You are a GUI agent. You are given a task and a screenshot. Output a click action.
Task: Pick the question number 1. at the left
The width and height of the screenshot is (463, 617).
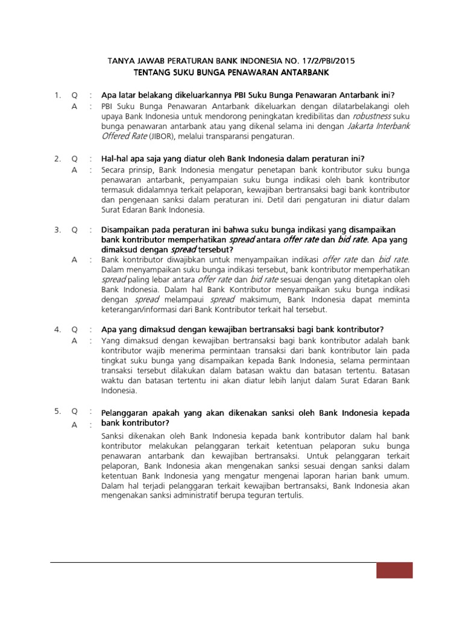pyautogui.click(x=57, y=95)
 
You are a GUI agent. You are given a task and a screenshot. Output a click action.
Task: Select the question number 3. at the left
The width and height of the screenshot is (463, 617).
pyautogui.click(x=57, y=230)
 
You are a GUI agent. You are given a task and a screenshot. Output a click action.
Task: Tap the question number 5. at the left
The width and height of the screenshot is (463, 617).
pyautogui.click(x=57, y=412)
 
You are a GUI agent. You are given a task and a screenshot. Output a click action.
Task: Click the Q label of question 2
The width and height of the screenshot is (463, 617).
pyautogui.click(x=74, y=159)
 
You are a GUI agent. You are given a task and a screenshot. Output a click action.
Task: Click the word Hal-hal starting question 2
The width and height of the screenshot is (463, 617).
pyautogui.click(x=116, y=159)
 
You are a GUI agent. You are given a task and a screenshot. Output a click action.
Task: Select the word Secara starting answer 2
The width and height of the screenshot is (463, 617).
pyautogui.click(x=116, y=170)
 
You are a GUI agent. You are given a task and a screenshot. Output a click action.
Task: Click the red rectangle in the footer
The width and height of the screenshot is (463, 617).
pyautogui.click(x=395, y=570)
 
